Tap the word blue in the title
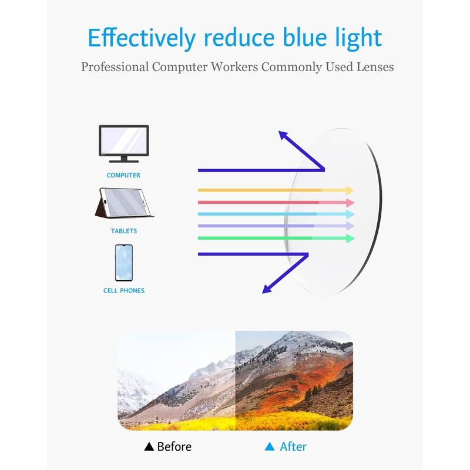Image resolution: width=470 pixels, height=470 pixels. [309, 38]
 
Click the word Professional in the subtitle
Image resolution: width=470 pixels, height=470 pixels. [115, 66]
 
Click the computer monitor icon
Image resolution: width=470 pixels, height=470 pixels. [123, 143]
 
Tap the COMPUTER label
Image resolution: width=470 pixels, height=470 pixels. [123, 175]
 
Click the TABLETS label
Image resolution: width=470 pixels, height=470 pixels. [124, 231]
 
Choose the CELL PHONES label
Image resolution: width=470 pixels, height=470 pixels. [123, 290]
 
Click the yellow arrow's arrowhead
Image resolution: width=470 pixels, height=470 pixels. [350, 190]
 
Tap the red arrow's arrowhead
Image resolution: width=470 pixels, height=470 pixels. [350, 202]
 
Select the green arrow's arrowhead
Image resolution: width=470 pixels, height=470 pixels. [350, 238]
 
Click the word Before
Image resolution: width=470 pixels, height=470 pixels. [174, 446]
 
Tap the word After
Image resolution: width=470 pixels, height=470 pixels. [293, 446]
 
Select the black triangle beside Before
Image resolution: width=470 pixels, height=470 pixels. [149, 447]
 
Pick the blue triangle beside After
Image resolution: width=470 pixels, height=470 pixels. [270, 447]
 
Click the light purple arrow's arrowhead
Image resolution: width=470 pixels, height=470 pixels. [350, 226]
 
